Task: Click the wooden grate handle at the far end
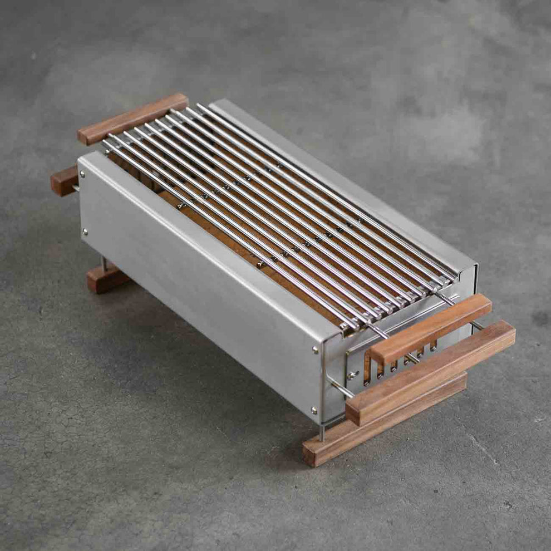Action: pyautogui.click(x=132, y=119)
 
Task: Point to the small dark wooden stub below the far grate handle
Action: pyautogui.click(x=64, y=180)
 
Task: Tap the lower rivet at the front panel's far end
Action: pyautogui.click(x=85, y=231)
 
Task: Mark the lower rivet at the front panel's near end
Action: pyautogui.click(x=315, y=410)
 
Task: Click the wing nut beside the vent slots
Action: pyautogui.click(x=352, y=376)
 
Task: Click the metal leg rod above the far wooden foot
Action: pyautogui.click(x=103, y=262)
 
